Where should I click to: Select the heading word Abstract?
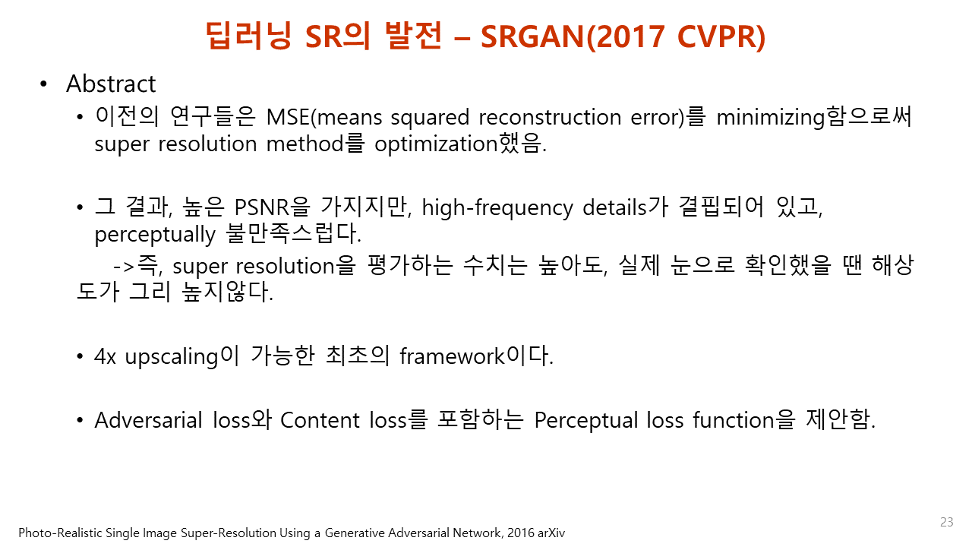point(111,84)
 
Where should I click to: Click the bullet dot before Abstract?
point(44,84)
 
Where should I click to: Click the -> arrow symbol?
point(123,267)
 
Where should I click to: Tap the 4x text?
point(105,356)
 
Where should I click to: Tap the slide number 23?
point(946,522)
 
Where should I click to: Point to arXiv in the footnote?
point(548,533)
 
